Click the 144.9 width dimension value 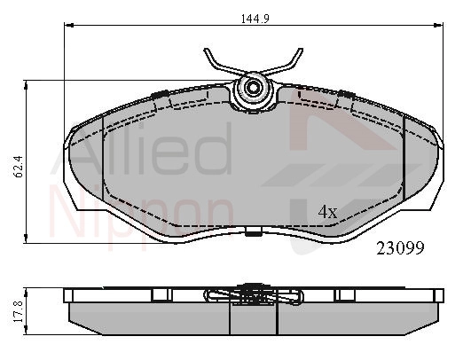tap(255, 19)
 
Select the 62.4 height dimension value tap(19, 167)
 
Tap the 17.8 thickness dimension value tap(19, 311)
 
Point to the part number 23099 tap(400, 248)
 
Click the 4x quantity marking tap(327, 212)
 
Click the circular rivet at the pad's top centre tap(253, 88)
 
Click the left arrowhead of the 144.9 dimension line tap(69, 25)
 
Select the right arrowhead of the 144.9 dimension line tap(439, 25)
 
